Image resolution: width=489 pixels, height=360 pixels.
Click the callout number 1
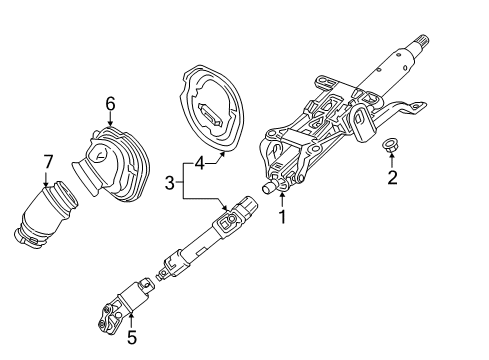coord(283,216)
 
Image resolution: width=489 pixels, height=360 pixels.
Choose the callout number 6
coord(110,102)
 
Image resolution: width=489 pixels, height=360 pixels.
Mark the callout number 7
coord(47,161)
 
